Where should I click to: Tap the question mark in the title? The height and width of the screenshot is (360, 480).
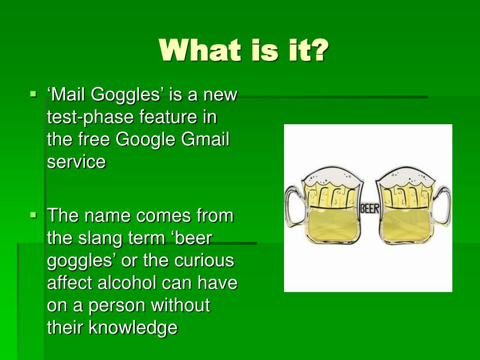pyautogui.click(x=318, y=50)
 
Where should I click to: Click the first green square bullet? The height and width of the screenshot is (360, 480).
pyautogui.click(x=33, y=93)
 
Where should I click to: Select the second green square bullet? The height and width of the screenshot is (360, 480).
pyautogui.click(x=33, y=215)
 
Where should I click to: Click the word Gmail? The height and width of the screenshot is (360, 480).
pyautogui.click(x=205, y=139)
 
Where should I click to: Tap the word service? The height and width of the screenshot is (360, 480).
pyautogui.click(x=76, y=162)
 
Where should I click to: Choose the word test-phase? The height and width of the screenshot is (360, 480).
pyautogui.click(x=90, y=118)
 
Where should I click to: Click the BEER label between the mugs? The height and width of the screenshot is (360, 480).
pyautogui.click(x=369, y=209)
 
